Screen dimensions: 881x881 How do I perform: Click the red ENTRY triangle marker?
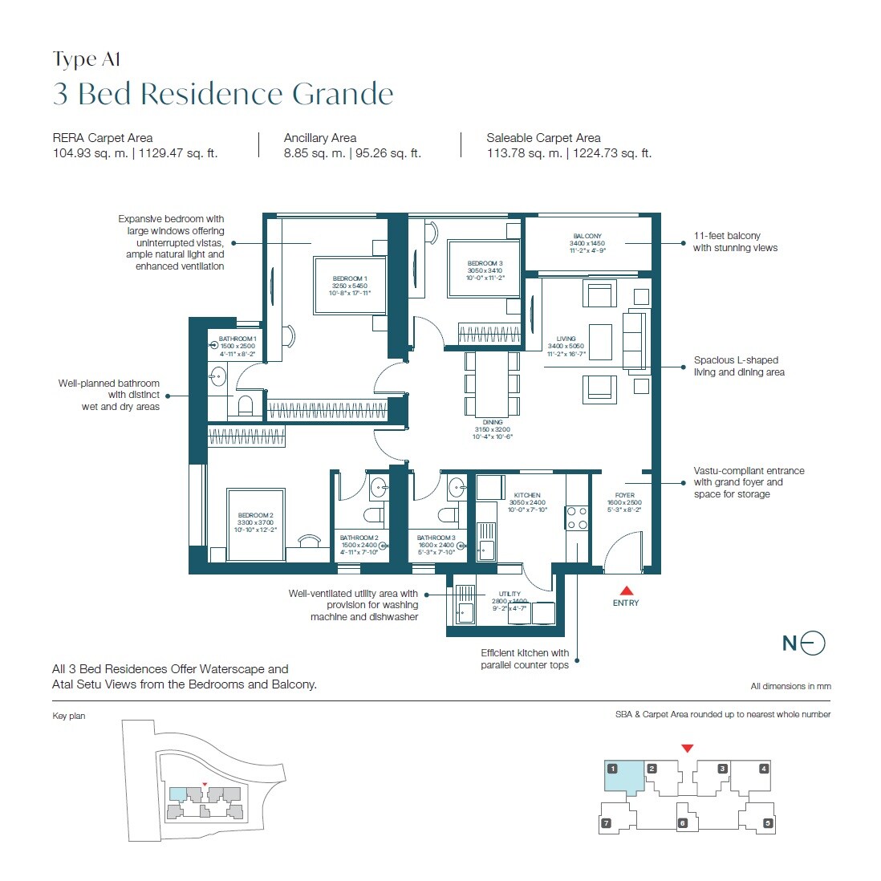coord(626,591)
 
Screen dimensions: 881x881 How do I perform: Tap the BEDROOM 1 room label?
coord(349,279)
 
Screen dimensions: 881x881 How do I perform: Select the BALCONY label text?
coord(587,237)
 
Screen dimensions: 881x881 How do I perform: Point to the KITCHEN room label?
coord(527,495)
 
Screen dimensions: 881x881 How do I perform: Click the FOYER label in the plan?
coord(624,495)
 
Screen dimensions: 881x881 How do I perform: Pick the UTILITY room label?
coord(510,594)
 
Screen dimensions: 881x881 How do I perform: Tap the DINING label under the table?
coord(493,422)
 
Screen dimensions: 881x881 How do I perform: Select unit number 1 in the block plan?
coord(612,769)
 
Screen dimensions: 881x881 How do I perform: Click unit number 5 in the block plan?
coord(768,822)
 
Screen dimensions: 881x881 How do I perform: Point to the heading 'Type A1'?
coord(87,60)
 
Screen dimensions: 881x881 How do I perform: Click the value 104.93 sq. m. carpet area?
coord(90,153)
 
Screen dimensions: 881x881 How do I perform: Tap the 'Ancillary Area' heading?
coord(320,138)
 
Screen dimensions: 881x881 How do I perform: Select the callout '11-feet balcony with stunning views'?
coord(735,242)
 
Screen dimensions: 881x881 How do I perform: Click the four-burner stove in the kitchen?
coord(577,518)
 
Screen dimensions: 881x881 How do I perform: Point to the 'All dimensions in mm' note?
coord(790,686)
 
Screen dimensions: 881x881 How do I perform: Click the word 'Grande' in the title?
coord(343,94)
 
